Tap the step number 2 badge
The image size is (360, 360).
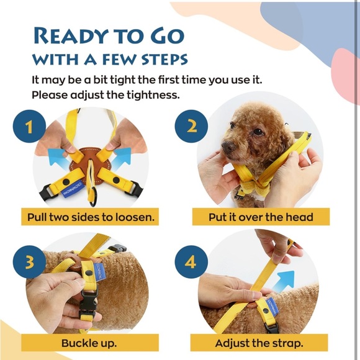point(192,126)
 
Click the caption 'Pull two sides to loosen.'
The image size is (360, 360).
point(91,218)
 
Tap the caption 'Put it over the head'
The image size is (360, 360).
point(260,218)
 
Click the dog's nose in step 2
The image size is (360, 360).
point(227,147)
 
